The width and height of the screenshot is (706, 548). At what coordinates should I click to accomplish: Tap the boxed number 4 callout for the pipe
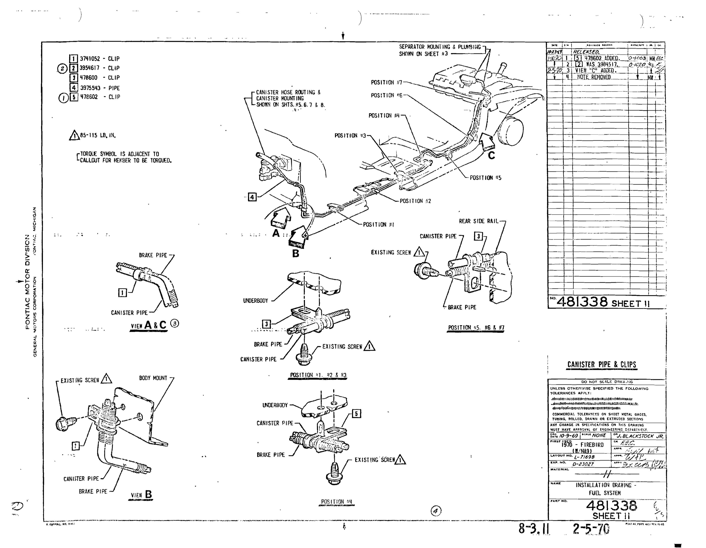[x=252, y=197]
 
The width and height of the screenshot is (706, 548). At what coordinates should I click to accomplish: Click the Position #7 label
[x=386, y=83]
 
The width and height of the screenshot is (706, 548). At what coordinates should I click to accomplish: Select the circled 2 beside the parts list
[x=62, y=68]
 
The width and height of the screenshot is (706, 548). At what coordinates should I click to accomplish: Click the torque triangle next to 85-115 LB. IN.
[x=74, y=135]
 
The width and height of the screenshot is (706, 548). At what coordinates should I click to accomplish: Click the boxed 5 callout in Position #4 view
[x=356, y=413]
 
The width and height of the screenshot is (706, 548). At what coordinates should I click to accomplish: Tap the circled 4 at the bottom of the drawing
[x=436, y=511]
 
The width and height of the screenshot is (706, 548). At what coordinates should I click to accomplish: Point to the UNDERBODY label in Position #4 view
[x=275, y=405]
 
